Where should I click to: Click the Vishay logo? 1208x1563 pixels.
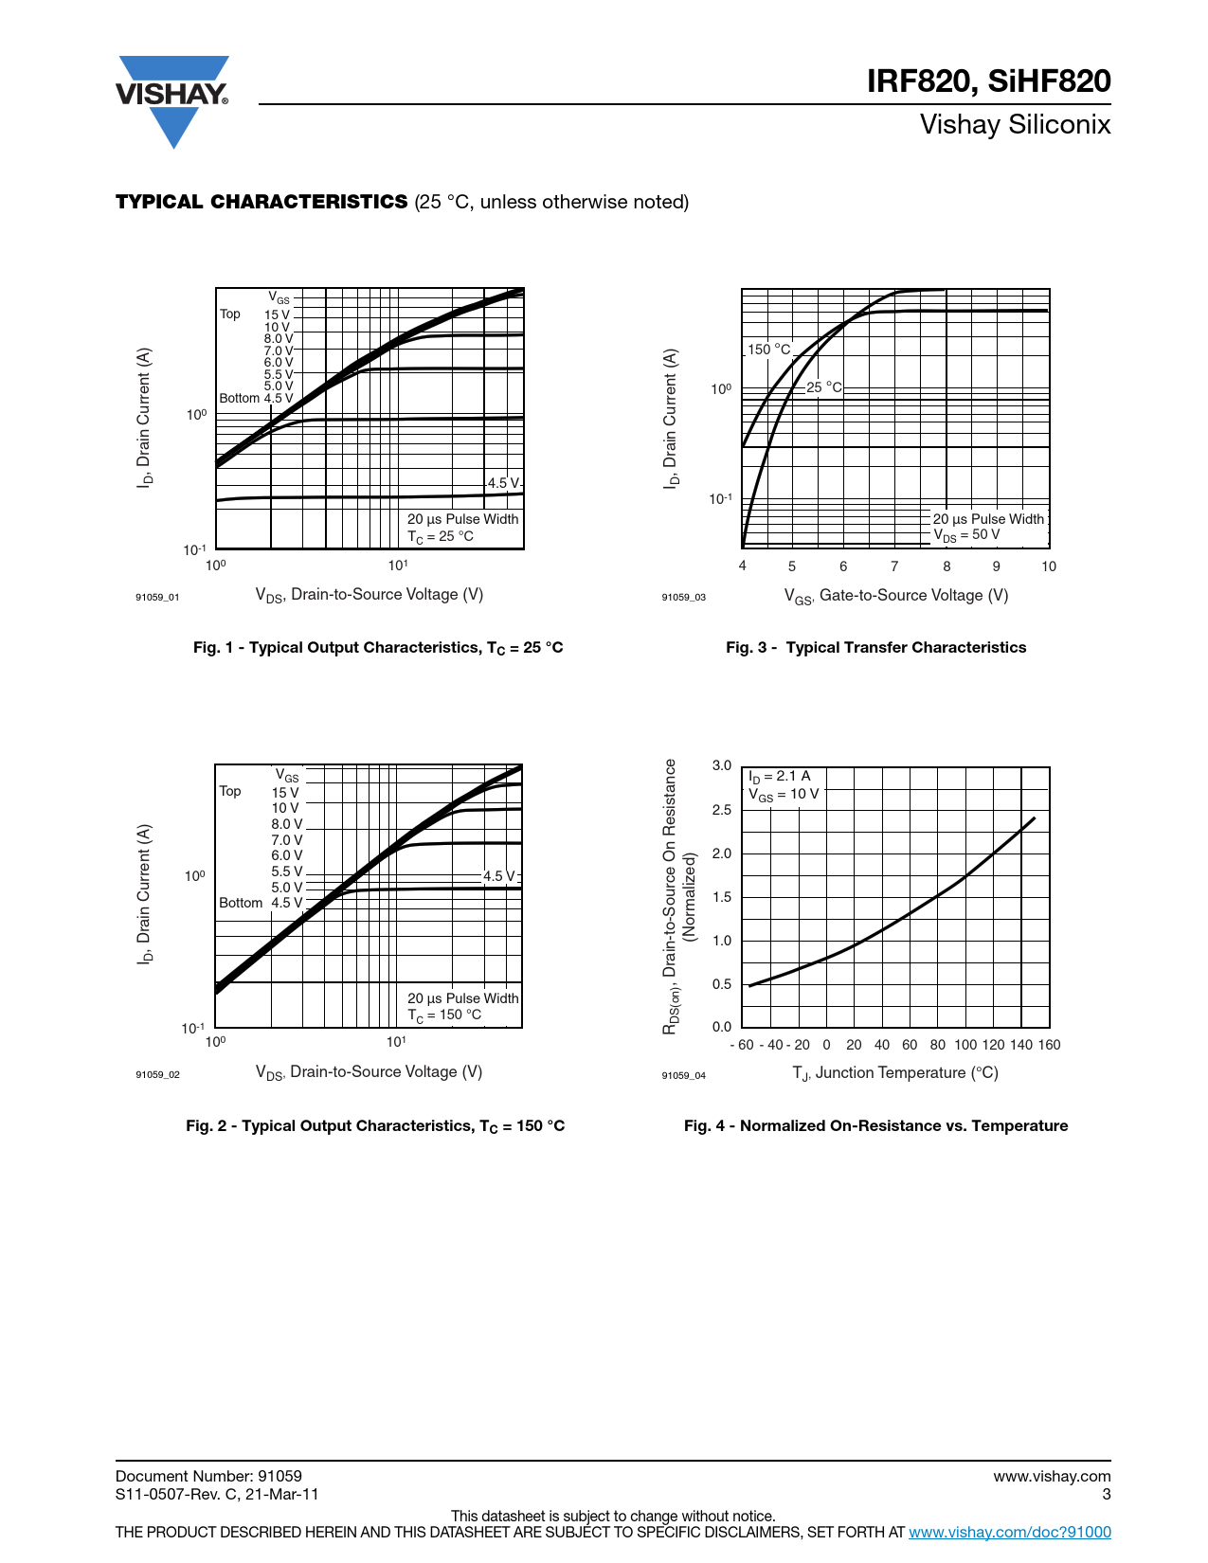(172, 99)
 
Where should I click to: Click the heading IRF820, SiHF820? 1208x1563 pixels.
(988, 81)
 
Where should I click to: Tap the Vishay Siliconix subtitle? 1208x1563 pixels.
(1015, 125)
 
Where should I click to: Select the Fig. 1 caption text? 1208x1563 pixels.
(378, 648)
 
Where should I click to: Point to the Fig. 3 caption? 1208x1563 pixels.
(875, 648)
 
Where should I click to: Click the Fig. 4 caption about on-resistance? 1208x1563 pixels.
(875, 1126)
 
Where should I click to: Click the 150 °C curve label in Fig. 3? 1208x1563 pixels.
(768, 350)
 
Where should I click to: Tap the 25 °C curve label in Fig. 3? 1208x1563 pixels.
(823, 387)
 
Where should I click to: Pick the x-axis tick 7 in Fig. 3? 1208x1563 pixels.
(894, 566)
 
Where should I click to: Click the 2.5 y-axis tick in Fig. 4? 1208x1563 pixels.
(722, 810)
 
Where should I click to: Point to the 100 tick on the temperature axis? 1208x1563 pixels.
(965, 1045)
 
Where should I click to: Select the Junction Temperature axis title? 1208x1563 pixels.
(895, 1073)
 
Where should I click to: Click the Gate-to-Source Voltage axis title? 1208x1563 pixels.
(895, 596)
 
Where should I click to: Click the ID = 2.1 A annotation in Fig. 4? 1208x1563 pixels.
(780, 777)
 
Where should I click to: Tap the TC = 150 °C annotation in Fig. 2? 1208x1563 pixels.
(444, 1015)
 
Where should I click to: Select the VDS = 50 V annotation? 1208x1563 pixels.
(966, 535)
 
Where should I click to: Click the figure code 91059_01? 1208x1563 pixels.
(157, 598)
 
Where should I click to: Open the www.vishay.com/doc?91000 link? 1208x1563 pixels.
(1010, 1533)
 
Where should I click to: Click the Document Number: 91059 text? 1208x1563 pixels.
(208, 1476)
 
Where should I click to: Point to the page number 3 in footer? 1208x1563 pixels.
(1106, 1495)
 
